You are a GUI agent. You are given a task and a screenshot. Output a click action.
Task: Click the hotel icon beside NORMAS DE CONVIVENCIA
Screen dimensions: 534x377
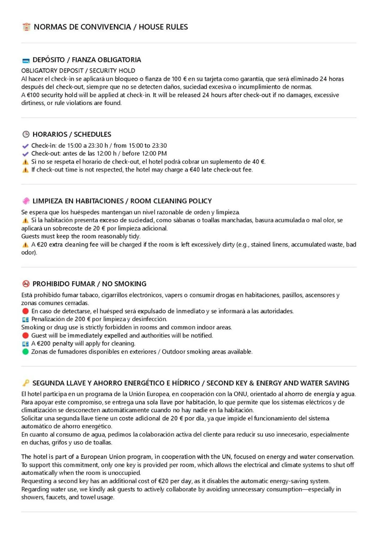tap(26, 27)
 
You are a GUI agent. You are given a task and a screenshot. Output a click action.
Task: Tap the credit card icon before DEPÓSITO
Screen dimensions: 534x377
tap(26, 60)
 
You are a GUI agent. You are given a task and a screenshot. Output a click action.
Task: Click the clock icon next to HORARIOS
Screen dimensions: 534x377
tap(26, 134)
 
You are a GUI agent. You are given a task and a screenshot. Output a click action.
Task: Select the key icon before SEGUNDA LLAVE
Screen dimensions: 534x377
tap(26, 383)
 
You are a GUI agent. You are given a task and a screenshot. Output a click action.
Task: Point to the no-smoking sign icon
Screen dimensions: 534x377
tap(26, 284)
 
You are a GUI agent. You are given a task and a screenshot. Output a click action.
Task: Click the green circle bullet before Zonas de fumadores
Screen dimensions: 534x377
tap(26, 352)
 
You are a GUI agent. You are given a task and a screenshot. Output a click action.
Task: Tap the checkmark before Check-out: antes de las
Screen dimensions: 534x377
tap(26, 154)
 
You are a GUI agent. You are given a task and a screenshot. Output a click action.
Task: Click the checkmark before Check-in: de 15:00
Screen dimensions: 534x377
tap(26, 146)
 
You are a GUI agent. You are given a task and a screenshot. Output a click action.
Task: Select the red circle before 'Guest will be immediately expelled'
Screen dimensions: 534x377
tap(26, 335)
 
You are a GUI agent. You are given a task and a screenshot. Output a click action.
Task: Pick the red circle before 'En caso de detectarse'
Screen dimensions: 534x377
tap(26, 311)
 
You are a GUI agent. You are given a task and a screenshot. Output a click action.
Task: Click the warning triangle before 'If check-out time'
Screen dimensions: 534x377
tap(26, 170)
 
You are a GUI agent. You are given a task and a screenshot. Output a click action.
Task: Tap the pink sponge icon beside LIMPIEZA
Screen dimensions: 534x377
tap(26, 201)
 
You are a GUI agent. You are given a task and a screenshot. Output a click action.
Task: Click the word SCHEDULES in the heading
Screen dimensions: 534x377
tap(93, 134)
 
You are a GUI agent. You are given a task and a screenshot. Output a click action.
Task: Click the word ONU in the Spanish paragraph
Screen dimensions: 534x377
tap(240, 394)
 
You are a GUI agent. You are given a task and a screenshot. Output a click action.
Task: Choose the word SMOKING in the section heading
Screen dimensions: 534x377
tap(130, 284)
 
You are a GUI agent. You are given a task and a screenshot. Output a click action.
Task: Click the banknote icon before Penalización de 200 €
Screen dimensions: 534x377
tap(26, 319)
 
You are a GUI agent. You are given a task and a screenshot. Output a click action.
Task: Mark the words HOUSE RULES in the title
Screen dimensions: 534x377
tap(163, 27)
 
